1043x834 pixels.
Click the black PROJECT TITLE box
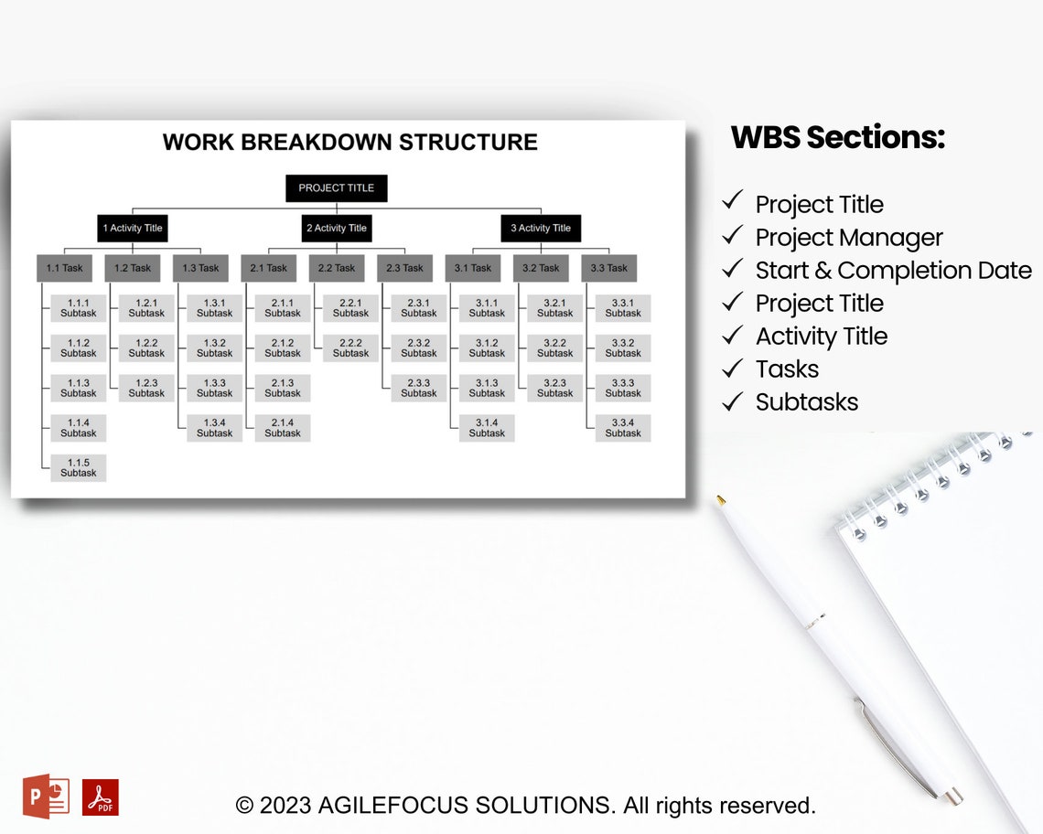(x=336, y=188)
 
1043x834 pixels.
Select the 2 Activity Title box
(x=336, y=229)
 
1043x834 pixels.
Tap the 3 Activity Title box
(x=540, y=229)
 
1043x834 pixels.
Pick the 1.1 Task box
(x=64, y=268)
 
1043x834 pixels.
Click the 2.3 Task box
(x=404, y=268)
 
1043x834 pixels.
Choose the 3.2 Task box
(x=541, y=268)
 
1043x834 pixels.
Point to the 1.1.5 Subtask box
(x=79, y=468)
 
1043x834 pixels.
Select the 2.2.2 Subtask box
(x=350, y=347)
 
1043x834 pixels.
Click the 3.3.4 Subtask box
(x=623, y=428)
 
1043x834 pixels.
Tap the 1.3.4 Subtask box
(x=215, y=428)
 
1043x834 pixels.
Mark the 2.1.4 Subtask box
(x=283, y=428)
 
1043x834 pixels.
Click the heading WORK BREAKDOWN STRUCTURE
(x=349, y=143)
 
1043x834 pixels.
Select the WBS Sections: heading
(x=837, y=137)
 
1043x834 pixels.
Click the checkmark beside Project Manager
(x=732, y=236)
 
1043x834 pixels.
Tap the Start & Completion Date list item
(x=893, y=271)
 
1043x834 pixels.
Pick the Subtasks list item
(x=806, y=402)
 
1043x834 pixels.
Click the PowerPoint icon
(x=46, y=797)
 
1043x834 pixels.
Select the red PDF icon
(x=101, y=797)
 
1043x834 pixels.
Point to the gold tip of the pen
(x=721, y=500)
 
